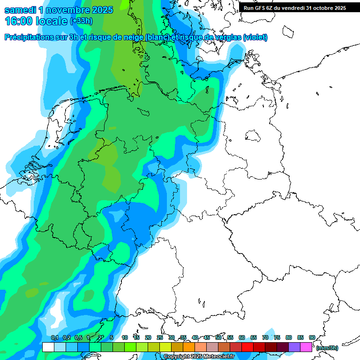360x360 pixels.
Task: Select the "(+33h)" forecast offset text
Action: (x=81, y=21)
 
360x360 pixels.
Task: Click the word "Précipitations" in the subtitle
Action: (x=31, y=37)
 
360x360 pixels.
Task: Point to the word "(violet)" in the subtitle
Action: (x=255, y=37)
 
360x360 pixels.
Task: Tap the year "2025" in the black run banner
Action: (x=337, y=8)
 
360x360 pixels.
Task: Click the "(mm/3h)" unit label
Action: (x=327, y=348)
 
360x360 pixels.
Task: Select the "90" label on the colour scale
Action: (x=312, y=338)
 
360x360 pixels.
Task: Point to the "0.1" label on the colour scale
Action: (x=54, y=338)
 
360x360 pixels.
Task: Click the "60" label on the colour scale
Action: (x=241, y=338)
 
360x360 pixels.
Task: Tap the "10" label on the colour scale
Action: (x=125, y=338)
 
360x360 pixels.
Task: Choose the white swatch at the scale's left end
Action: (x=48, y=347)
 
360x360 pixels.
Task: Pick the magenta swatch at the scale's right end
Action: (x=306, y=347)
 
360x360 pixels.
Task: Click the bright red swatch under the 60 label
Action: (x=247, y=347)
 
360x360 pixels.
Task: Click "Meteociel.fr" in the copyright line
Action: (x=218, y=357)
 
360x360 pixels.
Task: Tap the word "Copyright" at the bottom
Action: (x=176, y=357)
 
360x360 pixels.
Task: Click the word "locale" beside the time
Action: (x=52, y=21)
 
